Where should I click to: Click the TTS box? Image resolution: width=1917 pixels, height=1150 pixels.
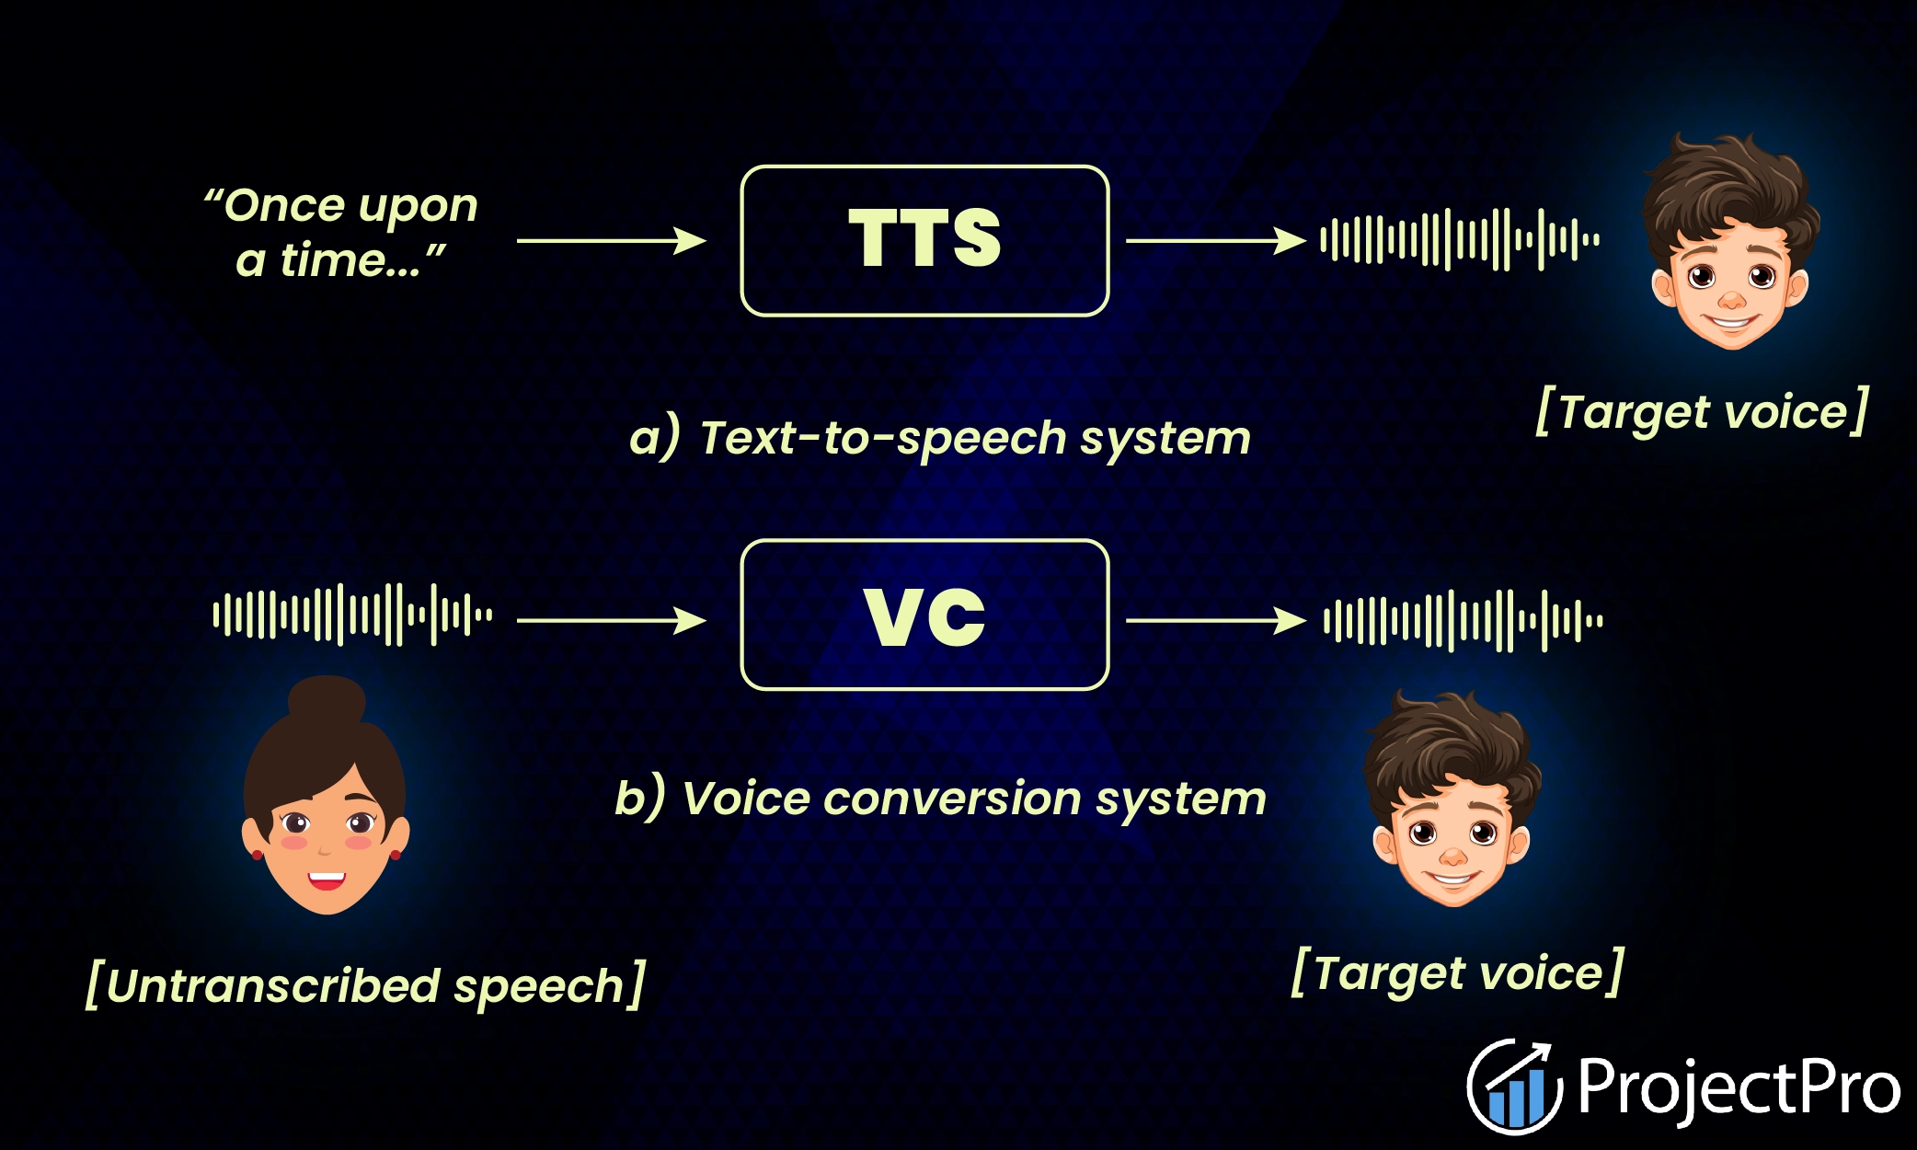[x=924, y=241]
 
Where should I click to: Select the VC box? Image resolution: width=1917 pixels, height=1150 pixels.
[x=924, y=615]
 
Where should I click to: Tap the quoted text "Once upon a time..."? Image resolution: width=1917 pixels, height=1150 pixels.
[x=340, y=233]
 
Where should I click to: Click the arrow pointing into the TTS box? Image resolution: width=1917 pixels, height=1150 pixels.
[x=611, y=241]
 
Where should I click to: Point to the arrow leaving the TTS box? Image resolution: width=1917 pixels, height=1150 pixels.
[x=1214, y=241]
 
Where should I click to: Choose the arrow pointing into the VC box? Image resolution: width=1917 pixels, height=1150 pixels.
[x=611, y=620]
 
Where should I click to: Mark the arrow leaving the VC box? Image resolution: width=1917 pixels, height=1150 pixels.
[x=1214, y=620]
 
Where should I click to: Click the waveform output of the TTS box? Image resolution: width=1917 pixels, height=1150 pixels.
[x=1460, y=240]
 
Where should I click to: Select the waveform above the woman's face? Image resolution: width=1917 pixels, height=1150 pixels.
[x=352, y=615]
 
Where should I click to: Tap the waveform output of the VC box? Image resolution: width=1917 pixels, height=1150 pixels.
[x=1463, y=621]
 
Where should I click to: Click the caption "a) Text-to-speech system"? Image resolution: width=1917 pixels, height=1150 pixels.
[x=940, y=438]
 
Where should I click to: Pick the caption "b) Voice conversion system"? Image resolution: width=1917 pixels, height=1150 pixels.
[x=940, y=799]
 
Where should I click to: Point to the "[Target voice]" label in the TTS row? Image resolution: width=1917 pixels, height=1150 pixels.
[x=1703, y=411]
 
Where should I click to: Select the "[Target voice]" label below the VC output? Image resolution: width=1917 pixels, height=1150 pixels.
[x=1458, y=972]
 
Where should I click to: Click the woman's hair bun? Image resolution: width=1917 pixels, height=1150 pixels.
[x=327, y=701]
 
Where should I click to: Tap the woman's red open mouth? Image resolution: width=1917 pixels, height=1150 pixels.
[x=327, y=880]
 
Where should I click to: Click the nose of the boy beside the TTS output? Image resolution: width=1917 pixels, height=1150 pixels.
[x=1731, y=300]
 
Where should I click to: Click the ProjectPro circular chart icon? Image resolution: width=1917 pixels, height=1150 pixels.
[x=1514, y=1087]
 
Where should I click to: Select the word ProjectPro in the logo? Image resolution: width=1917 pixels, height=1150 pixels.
[x=1739, y=1087]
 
